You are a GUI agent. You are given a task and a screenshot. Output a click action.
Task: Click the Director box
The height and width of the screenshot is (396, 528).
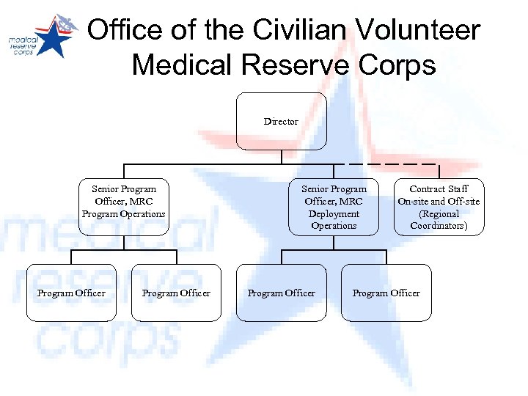point(281,121)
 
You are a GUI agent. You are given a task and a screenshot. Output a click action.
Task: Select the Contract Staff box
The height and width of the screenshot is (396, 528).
point(439,207)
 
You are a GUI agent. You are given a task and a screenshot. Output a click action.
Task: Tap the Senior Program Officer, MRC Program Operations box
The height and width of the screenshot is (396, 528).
point(124,207)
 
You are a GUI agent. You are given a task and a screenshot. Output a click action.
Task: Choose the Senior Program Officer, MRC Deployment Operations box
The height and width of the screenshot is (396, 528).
point(334,207)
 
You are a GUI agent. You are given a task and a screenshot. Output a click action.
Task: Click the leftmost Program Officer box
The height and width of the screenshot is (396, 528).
point(71,293)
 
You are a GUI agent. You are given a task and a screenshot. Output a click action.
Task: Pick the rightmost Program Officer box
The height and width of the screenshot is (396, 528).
point(386,293)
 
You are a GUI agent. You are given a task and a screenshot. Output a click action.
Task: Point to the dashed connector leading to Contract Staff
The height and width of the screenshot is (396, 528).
point(389,163)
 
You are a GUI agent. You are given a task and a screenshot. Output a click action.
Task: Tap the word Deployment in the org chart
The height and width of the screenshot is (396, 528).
point(334,213)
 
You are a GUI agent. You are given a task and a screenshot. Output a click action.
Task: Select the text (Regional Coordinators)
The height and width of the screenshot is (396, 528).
point(439,219)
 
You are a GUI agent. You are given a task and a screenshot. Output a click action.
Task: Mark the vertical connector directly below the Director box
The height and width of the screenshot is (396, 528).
point(281,156)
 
